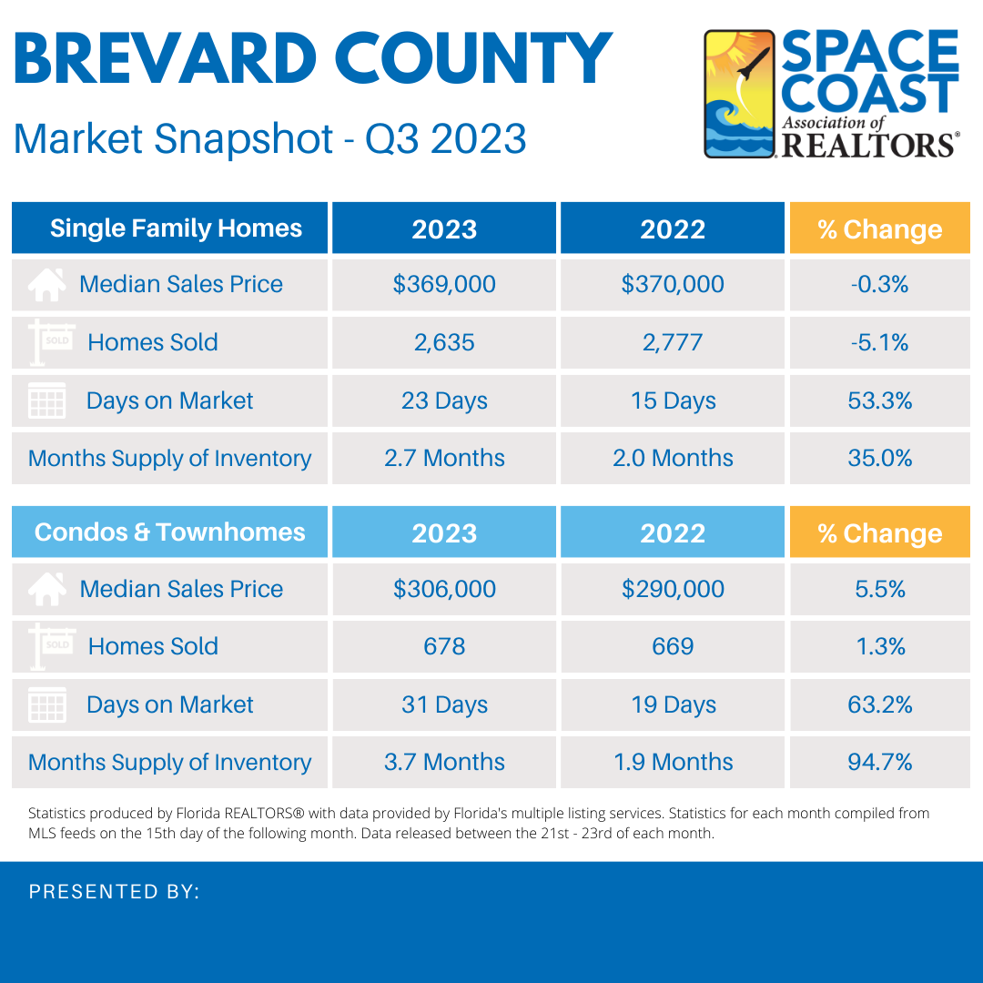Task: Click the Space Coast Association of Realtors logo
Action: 831,94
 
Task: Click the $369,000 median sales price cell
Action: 444,284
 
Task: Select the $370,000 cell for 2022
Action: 673,284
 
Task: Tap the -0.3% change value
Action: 879,284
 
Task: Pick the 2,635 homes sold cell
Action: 444,342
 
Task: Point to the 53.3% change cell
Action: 879,400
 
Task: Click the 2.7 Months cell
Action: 444,458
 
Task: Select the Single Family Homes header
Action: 176,228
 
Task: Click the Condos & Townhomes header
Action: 170,532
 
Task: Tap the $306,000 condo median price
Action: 444,589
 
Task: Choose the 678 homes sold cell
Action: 444,646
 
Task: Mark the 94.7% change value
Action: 879,762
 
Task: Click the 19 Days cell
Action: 673,704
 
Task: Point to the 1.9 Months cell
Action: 673,762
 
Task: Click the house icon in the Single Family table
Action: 46,285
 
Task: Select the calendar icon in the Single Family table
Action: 46,401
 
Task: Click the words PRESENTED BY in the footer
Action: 114,892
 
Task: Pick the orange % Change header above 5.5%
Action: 879,533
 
